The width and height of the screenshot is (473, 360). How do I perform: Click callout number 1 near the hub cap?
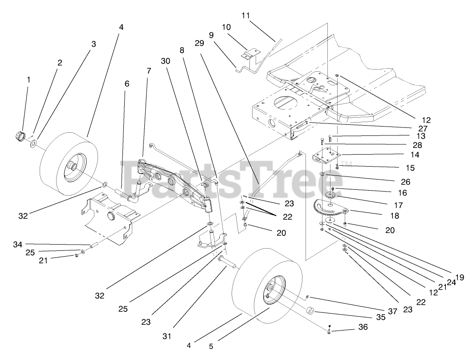29,80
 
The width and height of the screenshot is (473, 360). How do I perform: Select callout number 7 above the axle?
148,70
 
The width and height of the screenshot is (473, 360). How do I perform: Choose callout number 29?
199,43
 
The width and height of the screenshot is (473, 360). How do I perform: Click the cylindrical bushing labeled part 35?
310,311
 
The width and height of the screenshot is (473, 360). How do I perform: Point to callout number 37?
392,312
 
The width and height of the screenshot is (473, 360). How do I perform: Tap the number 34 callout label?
17,244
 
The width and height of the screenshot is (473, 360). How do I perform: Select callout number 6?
127,83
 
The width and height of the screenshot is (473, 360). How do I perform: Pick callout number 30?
165,61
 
